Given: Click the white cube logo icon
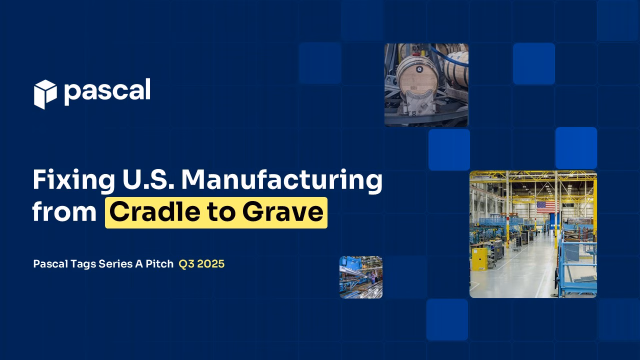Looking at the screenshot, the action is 45,94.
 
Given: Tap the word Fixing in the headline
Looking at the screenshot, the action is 73,180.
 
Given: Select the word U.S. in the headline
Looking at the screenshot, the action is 148,179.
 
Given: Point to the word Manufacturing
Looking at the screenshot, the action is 281,180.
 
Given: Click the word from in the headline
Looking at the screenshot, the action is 64,212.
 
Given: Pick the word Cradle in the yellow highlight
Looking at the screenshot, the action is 155,212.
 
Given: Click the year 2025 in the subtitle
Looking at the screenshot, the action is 211,264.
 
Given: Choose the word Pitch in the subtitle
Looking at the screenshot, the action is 159,263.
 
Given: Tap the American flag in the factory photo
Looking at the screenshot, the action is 546,207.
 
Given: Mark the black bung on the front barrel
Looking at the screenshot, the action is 419,69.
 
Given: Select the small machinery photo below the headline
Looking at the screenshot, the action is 361,277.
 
